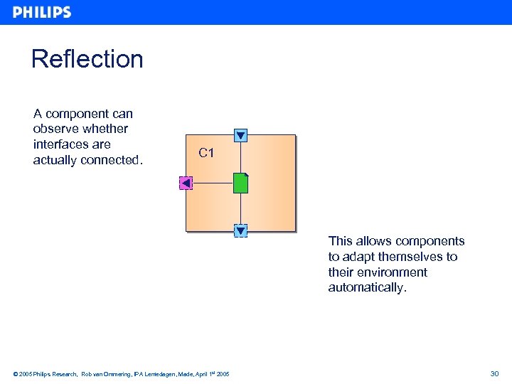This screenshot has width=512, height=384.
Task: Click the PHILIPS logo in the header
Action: (x=42, y=12)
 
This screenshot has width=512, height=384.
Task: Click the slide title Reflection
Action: (x=87, y=59)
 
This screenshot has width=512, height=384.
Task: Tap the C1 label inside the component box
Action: (x=206, y=153)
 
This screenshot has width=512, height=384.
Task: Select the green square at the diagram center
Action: (x=241, y=183)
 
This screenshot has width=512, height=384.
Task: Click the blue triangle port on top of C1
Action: (x=241, y=135)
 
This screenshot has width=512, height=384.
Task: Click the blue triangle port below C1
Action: (x=241, y=230)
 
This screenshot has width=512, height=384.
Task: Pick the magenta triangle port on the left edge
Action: (x=186, y=183)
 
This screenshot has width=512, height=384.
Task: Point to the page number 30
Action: (x=494, y=373)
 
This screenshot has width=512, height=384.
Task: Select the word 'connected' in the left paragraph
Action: (x=109, y=160)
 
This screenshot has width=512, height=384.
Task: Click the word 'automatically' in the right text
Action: (x=366, y=288)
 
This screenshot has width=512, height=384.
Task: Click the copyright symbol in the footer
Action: (x=16, y=374)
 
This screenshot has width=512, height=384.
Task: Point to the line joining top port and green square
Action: (x=241, y=158)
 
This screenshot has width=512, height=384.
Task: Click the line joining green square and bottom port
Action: (x=241, y=209)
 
